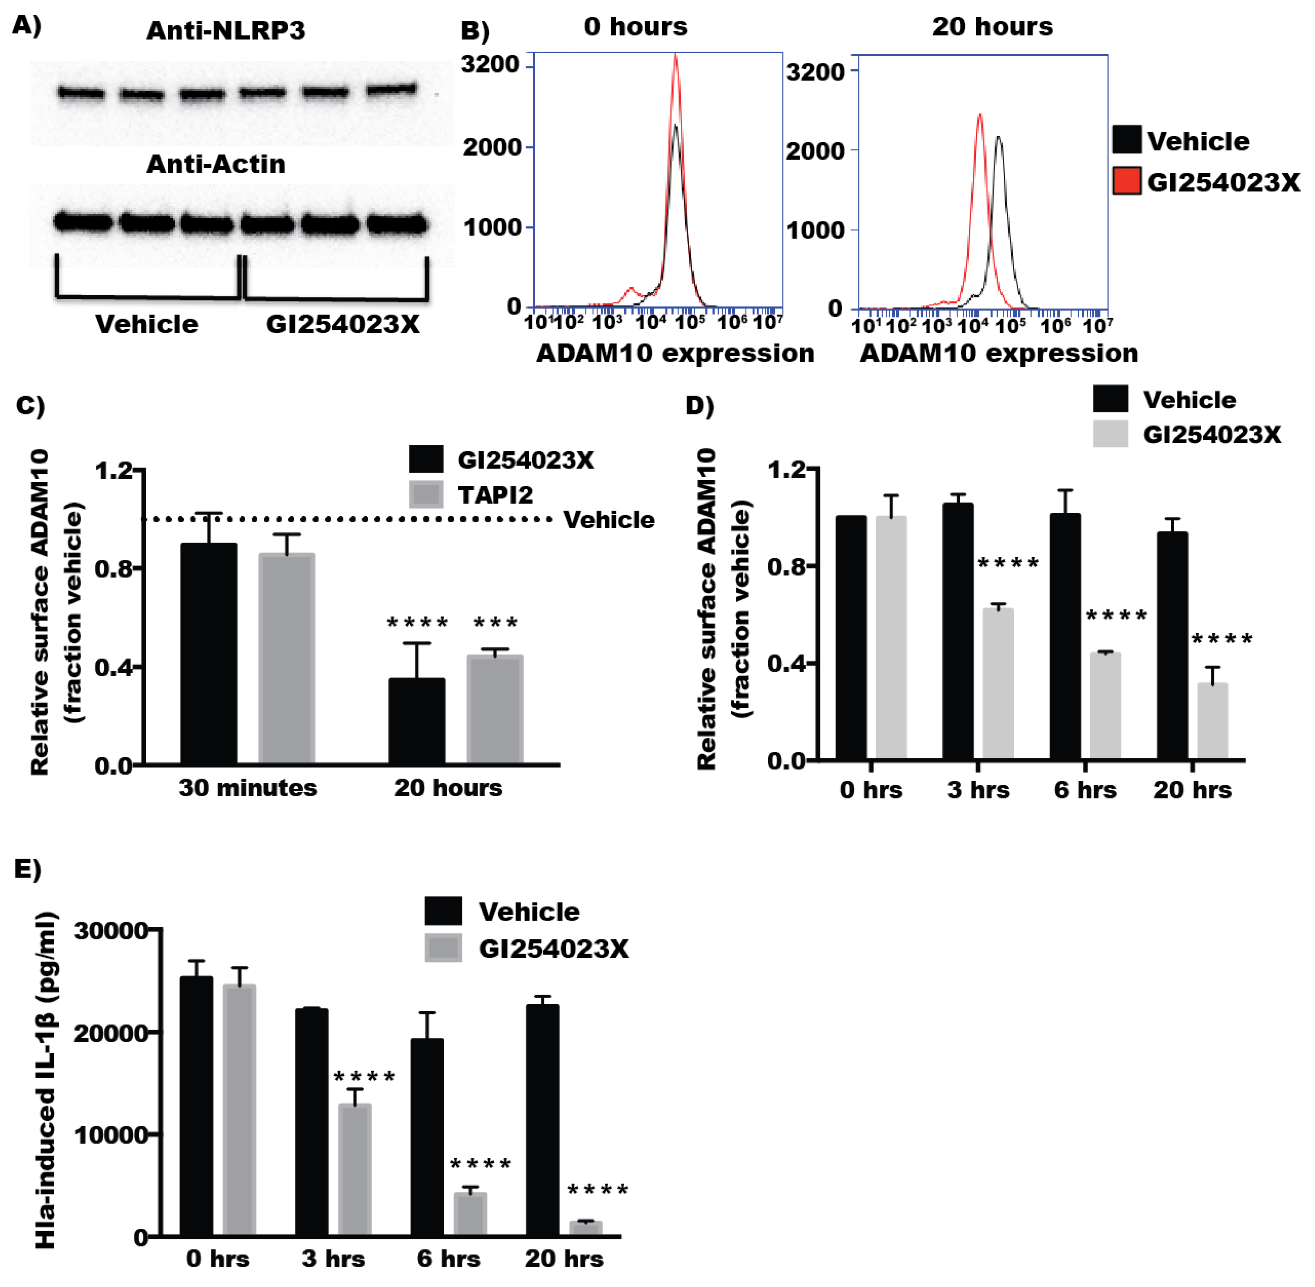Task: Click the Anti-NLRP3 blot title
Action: (225, 31)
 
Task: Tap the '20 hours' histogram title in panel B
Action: (992, 27)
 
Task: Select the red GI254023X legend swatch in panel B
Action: (1126, 181)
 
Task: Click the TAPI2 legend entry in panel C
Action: (495, 495)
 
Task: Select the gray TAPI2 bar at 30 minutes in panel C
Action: (286, 659)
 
